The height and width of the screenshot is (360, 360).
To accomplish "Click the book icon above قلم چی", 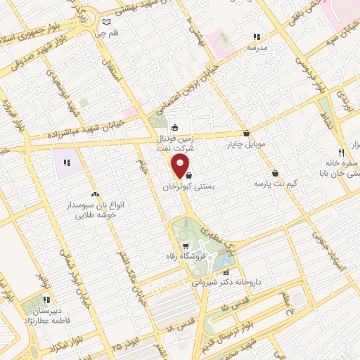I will pos(105,21).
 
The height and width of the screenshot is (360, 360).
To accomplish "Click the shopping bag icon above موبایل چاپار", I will pos(246,133).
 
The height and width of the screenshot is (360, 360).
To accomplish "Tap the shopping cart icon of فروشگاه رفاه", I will pos(185,246).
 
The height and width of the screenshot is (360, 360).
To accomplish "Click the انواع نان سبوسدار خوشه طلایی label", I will pos(96,208).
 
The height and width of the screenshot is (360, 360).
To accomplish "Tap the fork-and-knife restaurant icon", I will pos(341,153).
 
